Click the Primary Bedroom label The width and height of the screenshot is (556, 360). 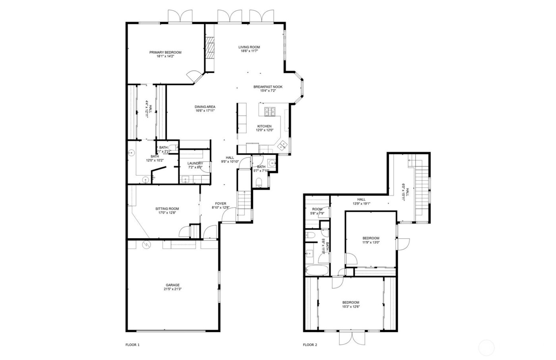point(165,52)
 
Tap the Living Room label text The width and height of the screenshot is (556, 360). point(249,47)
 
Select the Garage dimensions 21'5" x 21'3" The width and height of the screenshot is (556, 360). point(173,289)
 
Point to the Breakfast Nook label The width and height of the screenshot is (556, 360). point(268,87)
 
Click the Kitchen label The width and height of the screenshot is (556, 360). point(264,126)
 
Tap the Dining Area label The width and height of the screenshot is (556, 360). point(205,107)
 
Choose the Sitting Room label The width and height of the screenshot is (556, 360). point(167,209)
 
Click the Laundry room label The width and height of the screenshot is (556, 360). point(195,163)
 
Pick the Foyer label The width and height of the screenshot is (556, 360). point(221,204)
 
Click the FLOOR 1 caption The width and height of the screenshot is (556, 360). point(133,345)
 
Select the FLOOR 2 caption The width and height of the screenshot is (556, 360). point(310,345)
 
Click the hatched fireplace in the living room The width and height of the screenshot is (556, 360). point(210,47)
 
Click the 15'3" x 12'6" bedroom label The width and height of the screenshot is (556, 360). point(351,302)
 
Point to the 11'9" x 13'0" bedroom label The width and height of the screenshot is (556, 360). point(371,238)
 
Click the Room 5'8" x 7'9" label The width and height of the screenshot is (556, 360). point(317,209)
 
